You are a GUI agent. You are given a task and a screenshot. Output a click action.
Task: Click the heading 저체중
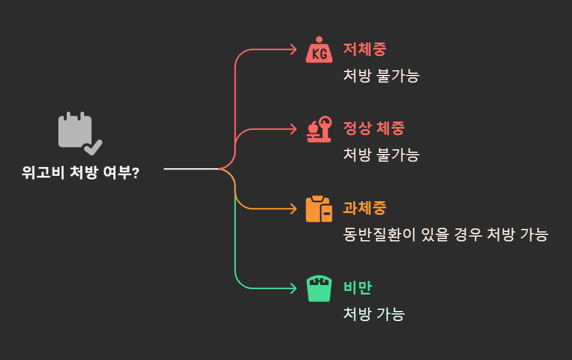(x=364, y=50)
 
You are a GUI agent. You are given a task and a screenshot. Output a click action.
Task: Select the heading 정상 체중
(x=374, y=129)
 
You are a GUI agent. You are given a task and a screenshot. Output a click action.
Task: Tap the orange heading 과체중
(x=364, y=208)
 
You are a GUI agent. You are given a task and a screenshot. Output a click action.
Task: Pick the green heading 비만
(x=357, y=288)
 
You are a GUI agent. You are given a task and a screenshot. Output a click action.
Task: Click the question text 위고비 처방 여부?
(x=80, y=172)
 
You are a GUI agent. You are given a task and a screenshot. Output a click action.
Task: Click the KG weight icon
(x=319, y=50)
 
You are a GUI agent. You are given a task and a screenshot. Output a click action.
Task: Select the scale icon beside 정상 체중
(x=319, y=129)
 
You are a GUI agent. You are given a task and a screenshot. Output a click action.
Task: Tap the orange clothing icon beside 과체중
(x=319, y=209)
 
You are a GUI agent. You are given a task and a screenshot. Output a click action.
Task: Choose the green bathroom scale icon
(x=319, y=289)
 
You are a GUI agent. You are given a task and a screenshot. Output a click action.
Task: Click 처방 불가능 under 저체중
(x=381, y=76)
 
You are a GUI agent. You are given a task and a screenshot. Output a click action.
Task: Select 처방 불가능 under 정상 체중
(x=381, y=155)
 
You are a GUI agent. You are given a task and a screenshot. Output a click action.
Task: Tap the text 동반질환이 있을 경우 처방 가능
(x=445, y=235)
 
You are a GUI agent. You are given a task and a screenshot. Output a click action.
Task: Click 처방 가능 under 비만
(x=374, y=314)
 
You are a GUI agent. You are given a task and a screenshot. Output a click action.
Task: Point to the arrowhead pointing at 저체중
(x=293, y=50)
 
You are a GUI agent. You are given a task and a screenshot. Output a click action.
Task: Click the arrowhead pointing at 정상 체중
(x=293, y=129)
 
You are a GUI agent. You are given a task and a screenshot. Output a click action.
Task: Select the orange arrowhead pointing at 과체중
(x=293, y=209)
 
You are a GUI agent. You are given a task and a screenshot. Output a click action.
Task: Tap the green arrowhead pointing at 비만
(x=293, y=289)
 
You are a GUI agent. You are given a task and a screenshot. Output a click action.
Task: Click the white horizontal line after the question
(x=190, y=169)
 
